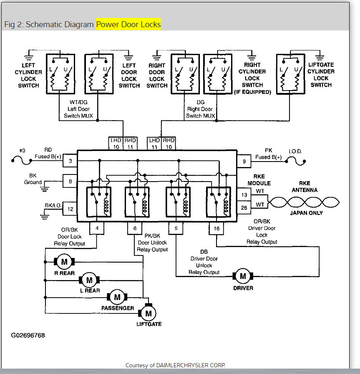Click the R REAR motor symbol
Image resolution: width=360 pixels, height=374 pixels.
[x=64, y=262]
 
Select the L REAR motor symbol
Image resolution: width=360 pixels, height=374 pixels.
[x=88, y=279]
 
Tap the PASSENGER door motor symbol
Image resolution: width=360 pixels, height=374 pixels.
[x=117, y=297]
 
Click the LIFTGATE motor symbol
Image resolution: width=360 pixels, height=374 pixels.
[x=148, y=312]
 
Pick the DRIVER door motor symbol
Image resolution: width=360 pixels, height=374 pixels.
[x=242, y=276]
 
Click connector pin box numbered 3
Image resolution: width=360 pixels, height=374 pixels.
[x=70, y=161]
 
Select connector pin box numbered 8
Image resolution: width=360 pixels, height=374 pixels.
[x=70, y=181]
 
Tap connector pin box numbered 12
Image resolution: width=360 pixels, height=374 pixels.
[x=70, y=208]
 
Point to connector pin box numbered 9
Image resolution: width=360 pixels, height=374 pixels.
[x=244, y=161]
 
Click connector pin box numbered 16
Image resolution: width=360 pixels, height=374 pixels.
[x=217, y=228]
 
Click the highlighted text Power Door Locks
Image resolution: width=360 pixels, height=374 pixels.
[x=128, y=24]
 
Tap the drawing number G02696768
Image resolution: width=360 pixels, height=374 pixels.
[x=28, y=335]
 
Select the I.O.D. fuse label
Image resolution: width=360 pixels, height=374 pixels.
[x=295, y=152]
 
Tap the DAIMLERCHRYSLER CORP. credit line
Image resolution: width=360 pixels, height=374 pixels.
[x=175, y=365]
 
